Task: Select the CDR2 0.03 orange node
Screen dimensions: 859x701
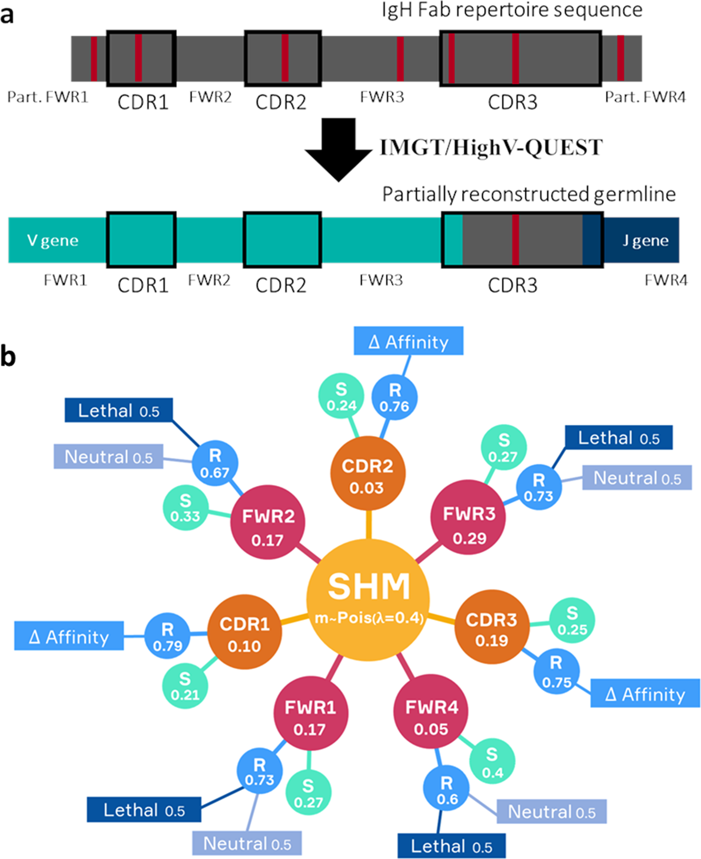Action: (368, 475)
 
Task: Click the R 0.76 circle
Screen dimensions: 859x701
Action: (394, 397)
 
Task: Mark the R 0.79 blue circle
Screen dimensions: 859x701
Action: (167, 637)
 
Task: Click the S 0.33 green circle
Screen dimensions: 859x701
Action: (185, 508)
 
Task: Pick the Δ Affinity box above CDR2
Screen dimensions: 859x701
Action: (409, 342)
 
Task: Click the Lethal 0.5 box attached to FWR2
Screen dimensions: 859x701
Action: (119, 411)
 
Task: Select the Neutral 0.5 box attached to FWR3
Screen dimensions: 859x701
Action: (637, 478)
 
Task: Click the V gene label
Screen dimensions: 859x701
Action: (53, 241)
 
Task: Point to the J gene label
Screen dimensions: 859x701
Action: (645, 241)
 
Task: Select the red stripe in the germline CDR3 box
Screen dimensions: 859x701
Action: (515, 240)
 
